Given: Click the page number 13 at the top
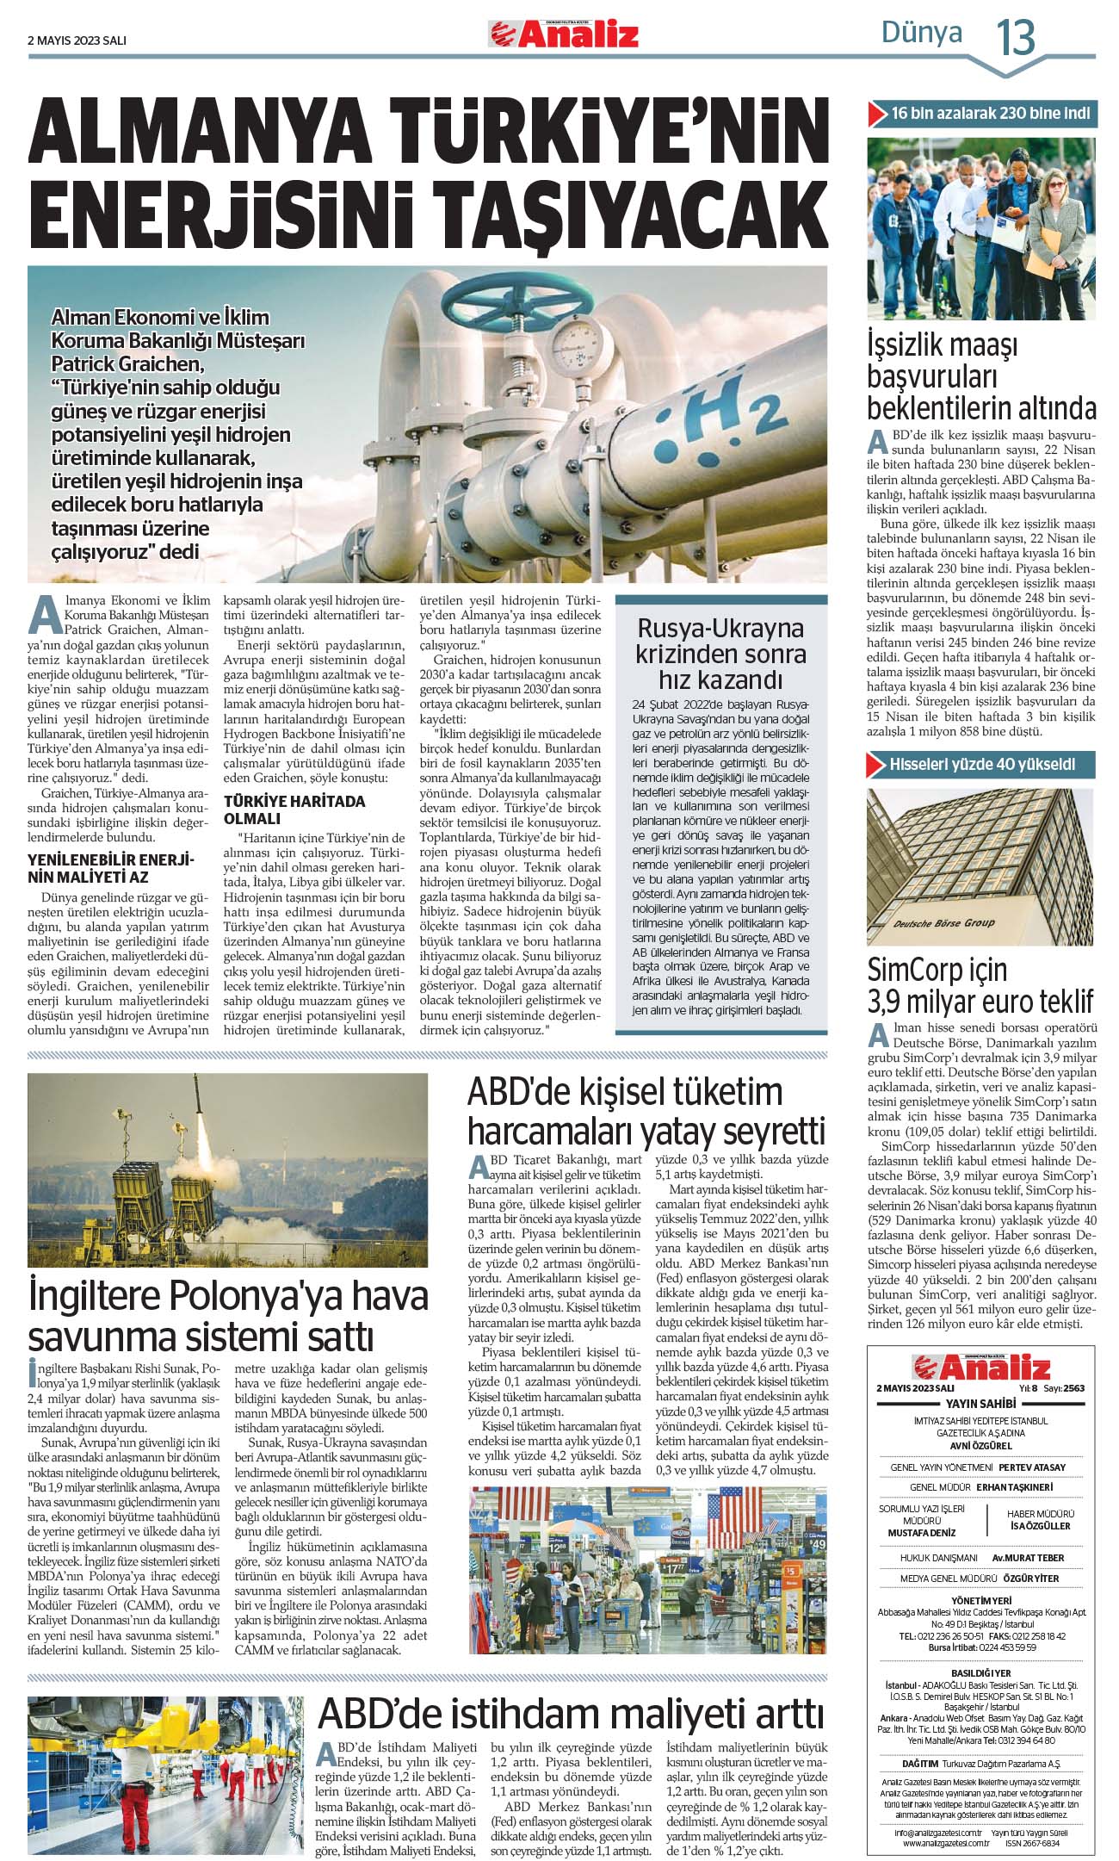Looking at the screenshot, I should coord(1016,37).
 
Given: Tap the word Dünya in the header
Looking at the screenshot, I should coord(921,33).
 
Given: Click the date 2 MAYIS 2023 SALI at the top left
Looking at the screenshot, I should coord(77,40).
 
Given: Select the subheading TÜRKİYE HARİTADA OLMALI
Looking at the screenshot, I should coord(294,810).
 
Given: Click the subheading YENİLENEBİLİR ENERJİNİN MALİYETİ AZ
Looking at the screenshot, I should coord(111,869).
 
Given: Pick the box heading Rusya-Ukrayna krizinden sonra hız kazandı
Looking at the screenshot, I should coord(720,654).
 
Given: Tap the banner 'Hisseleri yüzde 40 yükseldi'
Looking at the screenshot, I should coord(981,764).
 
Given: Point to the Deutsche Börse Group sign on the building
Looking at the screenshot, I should coord(944,923).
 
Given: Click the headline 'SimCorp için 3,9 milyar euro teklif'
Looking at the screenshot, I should coord(980,985).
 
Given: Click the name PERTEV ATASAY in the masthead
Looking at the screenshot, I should coord(1032,1467).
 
